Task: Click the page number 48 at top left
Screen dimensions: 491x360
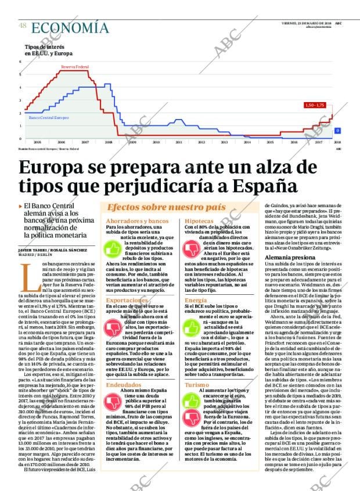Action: coord(23,26)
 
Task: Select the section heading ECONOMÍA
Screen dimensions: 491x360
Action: coord(70,27)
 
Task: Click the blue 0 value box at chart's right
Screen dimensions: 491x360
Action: coord(337,130)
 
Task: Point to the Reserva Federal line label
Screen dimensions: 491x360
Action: coord(74,67)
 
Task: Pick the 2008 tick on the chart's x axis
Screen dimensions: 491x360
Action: coord(109,142)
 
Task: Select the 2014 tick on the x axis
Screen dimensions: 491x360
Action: coord(247,142)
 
